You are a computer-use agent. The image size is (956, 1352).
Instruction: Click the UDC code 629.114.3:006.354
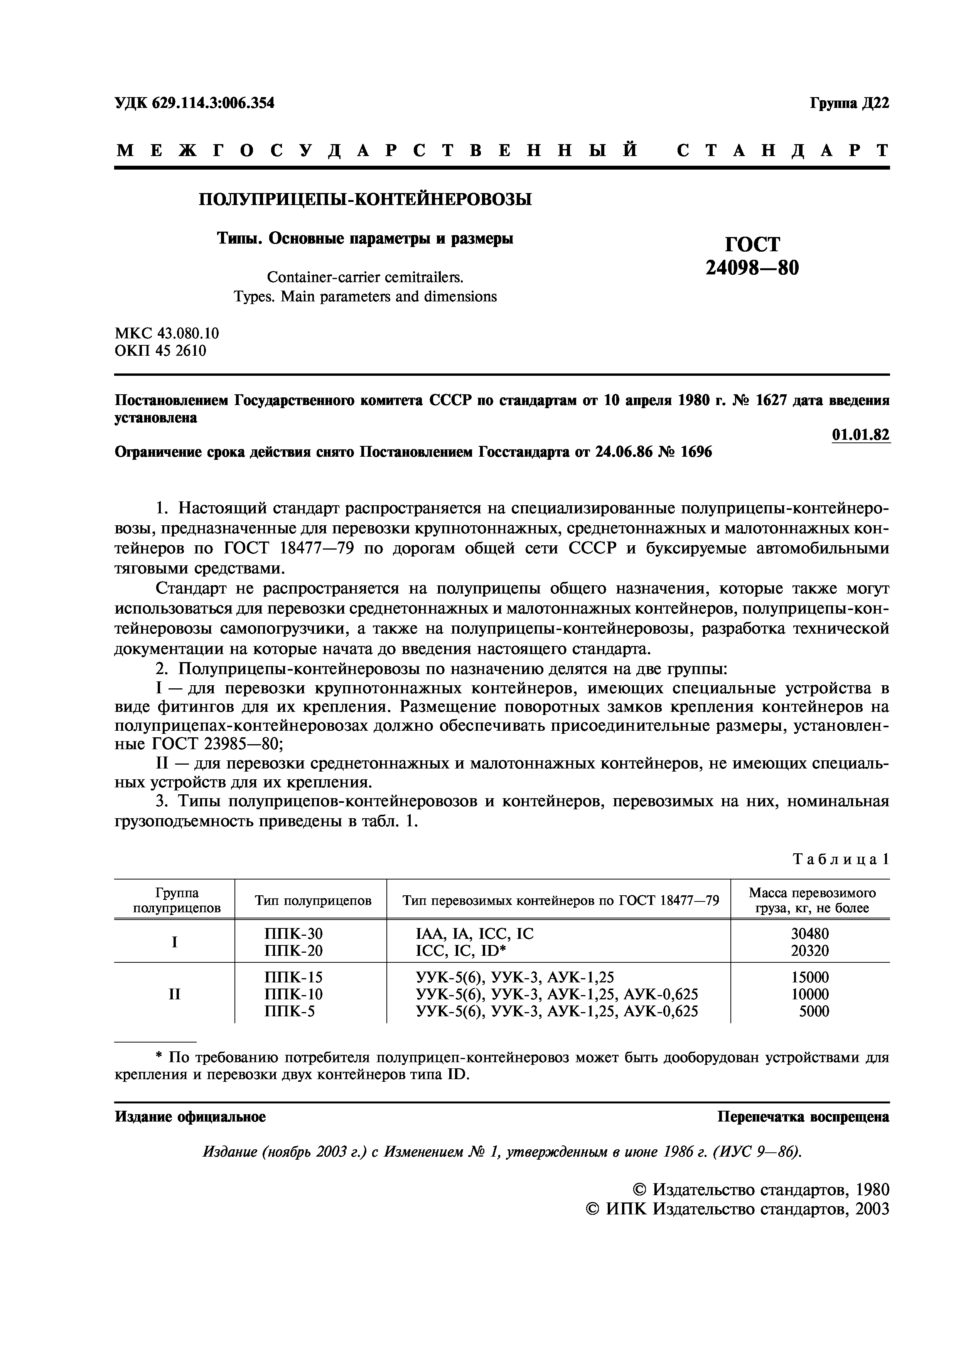pos(194,103)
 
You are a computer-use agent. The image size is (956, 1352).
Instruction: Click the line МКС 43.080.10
pos(167,333)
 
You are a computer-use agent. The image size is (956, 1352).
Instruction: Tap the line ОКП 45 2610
pos(160,351)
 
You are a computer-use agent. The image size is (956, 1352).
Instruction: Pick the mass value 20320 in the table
pos(809,950)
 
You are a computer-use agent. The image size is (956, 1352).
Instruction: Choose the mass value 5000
pos(814,1012)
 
